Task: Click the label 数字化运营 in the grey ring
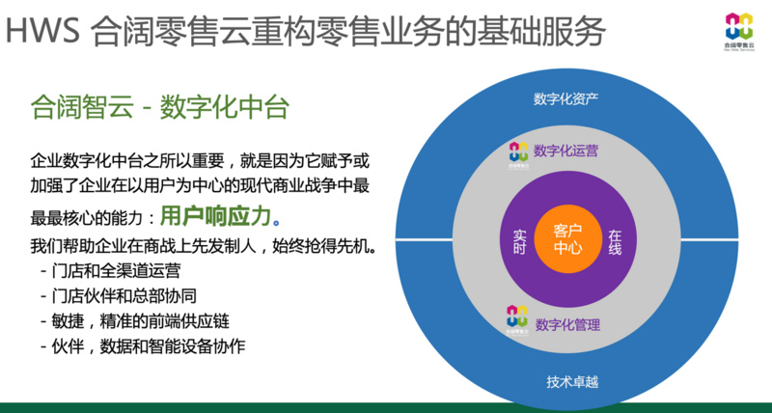[x=566, y=151]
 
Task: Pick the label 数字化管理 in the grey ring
[x=566, y=324]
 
